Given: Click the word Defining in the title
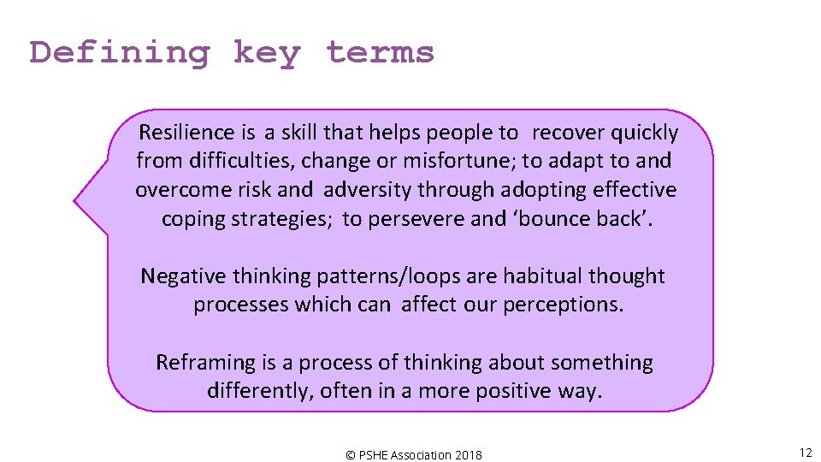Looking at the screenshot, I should click(x=120, y=53).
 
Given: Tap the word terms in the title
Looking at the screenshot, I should click(x=380, y=53).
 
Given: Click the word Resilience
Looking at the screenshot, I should click(x=186, y=133).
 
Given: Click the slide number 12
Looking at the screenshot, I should click(x=805, y=453).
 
